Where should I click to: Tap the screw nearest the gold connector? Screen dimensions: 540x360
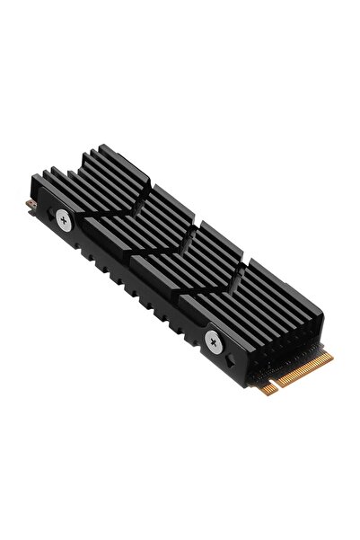point(214,340)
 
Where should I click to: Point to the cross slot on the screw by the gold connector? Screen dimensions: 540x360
point(214,340)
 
